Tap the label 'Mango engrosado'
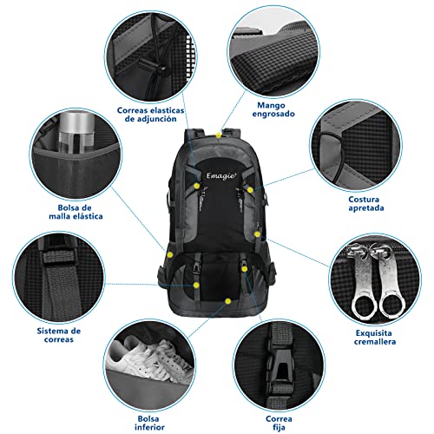coord(273,109)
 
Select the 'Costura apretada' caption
coord(366,204)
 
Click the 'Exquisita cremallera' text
coord(375,338)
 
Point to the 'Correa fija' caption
coord(279,423)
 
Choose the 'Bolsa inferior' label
coord(149,423)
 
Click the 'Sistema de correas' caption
coord(59,335)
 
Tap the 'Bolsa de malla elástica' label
coord(76,212)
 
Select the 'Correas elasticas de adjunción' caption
coord(150,115)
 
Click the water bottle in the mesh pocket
coord(76,132)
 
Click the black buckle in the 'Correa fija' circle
coord(279,366)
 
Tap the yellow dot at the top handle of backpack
coord(219,135)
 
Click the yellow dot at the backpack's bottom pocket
coord(228,301)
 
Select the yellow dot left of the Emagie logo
coord(197,186)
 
